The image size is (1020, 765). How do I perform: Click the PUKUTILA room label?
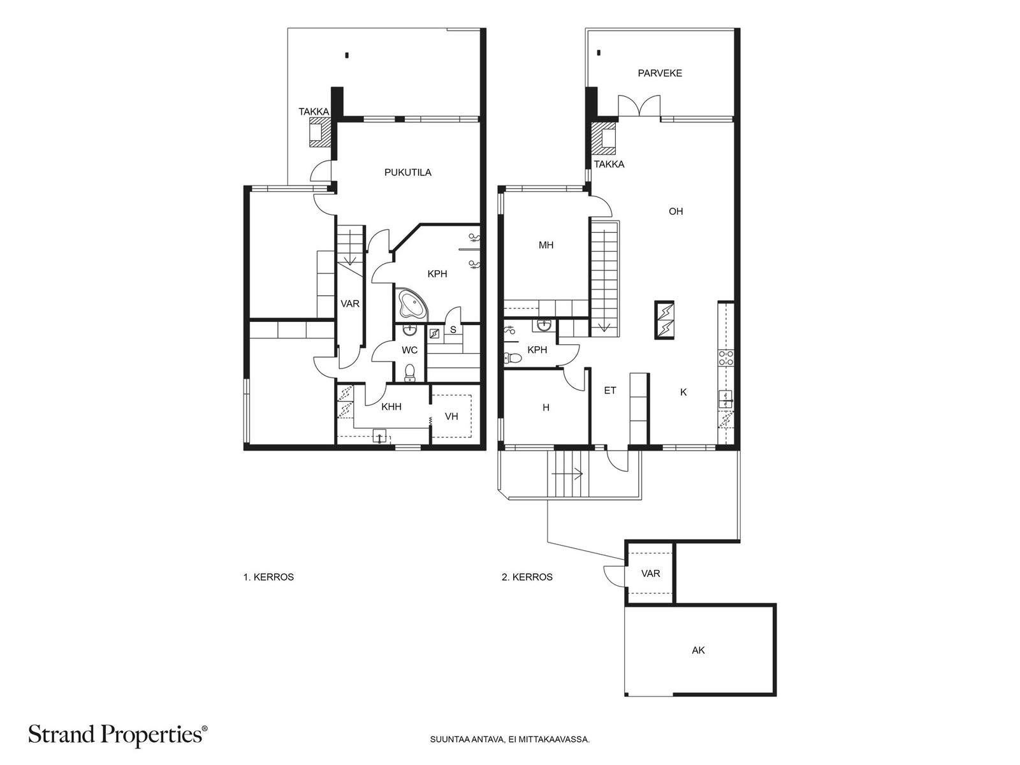(x=407, y=172)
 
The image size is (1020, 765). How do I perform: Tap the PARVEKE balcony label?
(x=659, y=73)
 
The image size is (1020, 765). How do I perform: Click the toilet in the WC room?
(x=410, y=372)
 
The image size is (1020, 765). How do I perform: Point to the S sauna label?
(x=453, y=330)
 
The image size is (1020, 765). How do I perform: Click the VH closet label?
(x=451, y=416)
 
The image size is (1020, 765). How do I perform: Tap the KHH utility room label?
(x=391, y=407)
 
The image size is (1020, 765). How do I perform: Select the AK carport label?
(x=698, y=650)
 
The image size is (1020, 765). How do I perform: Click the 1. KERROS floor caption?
(x=268, y=577)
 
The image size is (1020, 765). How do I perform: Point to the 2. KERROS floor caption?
(x=527, y=577)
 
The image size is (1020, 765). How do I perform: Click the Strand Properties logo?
(x=118, y=734)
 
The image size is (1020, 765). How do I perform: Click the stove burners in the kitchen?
(x=726, y=357)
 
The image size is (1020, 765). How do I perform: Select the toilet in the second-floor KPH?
(x=513, y=358)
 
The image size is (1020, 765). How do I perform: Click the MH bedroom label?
(x=546, y=245)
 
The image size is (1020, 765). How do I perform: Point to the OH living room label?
(x=676, y=212)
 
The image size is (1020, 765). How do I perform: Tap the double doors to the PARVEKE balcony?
(x=639, y=106)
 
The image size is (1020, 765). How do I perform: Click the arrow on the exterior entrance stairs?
(x=567, y=474)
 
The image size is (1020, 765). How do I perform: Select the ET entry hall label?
(x=609, y=391)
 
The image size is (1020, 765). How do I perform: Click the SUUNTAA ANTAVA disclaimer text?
(x=510, y=739)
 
